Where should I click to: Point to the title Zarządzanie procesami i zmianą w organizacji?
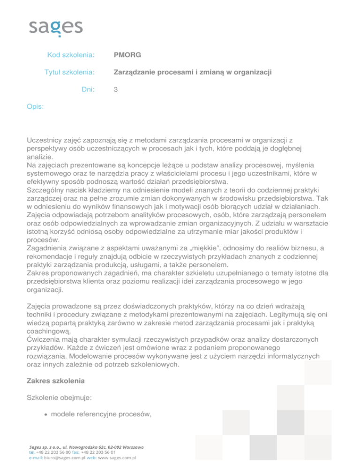pyautogui.click(x=193, y=73)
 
